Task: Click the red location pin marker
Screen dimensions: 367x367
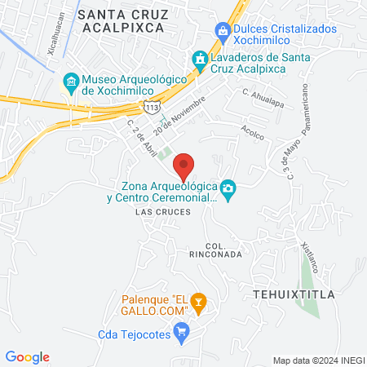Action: click(x=184, y=166)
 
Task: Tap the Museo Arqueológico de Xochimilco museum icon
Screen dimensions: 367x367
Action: click(x=71, y=82)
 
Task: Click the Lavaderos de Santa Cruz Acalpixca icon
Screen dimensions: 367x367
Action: click(x=199, y=59)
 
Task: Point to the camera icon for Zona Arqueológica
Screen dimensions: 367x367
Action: click(x=229, y=190)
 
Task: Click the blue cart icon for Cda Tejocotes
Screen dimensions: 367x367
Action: click(x=183, y=331)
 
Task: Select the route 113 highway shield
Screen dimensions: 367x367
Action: click(x=150, y=107)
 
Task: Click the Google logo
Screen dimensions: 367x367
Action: click(x=28, y=357)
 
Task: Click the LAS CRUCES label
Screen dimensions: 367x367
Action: click(x=163, y=212)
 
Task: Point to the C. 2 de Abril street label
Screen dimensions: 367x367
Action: click(x=142, y=138)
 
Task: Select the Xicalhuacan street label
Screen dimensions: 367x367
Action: click(x=52, y=33)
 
